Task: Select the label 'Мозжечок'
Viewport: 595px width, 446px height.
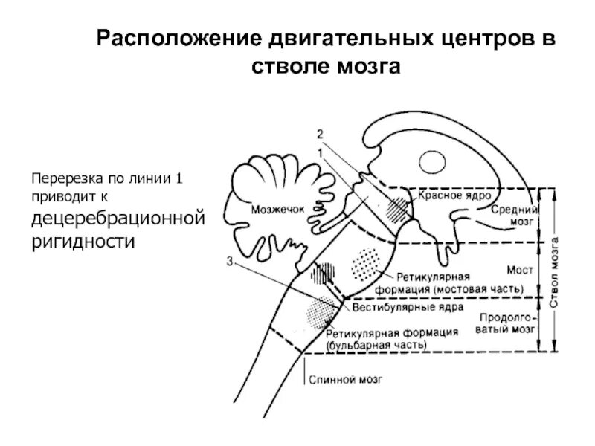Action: (278, 210)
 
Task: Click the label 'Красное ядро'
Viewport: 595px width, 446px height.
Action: (453, 195)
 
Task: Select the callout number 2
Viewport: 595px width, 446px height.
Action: (319, 135)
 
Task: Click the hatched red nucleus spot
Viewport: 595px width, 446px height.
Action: (398, 207)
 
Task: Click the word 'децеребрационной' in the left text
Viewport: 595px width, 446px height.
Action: (117, 221)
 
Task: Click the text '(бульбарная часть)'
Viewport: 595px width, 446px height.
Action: (376, 345)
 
